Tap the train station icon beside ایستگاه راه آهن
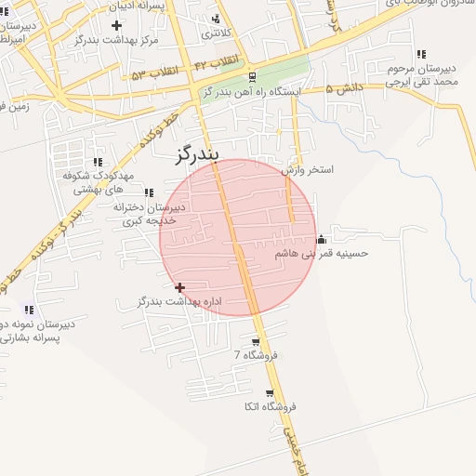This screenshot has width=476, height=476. (254, 77)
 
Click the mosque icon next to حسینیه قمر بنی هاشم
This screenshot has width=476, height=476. (322, 238)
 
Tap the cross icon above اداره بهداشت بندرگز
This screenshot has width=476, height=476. (180, 287)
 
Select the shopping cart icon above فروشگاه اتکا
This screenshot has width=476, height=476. (270, 394)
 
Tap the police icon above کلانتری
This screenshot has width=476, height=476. (217, 19)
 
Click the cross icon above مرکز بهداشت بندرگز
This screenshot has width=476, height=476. (116, 25)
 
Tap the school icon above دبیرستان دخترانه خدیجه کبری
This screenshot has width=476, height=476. (149, 192)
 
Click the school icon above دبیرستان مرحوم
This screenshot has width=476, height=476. (422, 55)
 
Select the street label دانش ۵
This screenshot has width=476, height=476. (342, 89)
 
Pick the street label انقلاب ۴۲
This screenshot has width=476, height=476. (217, 62)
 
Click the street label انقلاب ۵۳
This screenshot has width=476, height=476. (153, 73)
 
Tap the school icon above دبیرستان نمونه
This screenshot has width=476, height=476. (29, 310)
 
